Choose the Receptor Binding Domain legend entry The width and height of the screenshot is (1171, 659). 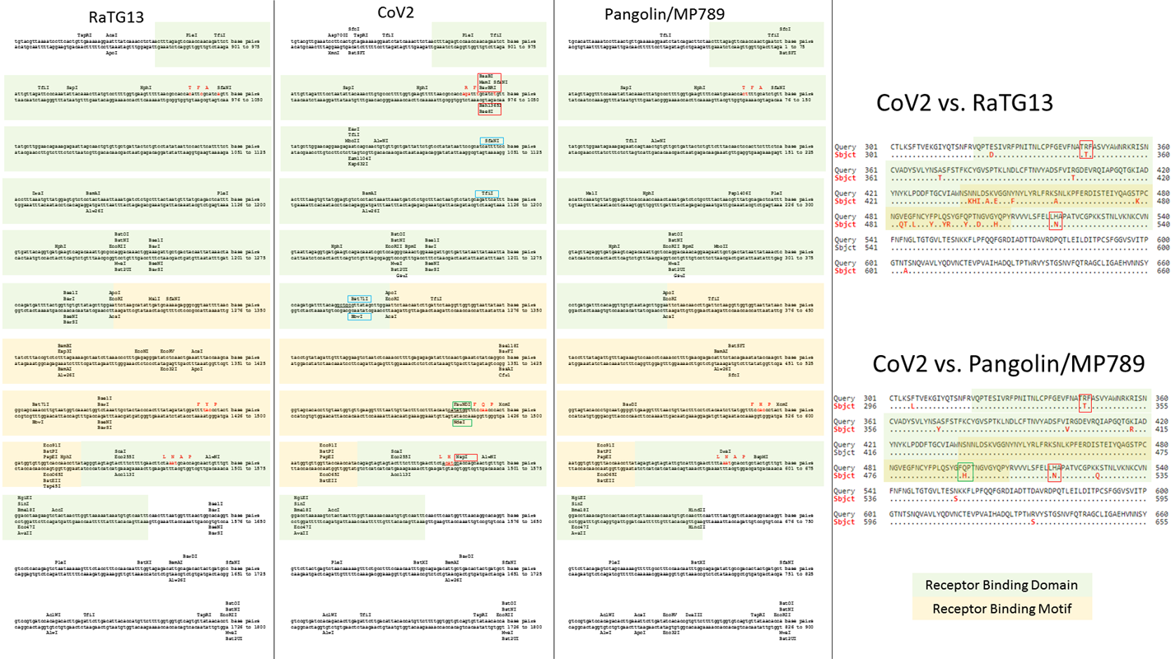click(1001, 586)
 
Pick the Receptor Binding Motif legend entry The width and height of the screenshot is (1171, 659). click(1001, 609)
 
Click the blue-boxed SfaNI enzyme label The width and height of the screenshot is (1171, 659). click(492, 141)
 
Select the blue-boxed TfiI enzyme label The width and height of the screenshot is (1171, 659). click(488, 194)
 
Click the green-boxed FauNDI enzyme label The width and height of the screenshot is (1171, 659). click(462, 404)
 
